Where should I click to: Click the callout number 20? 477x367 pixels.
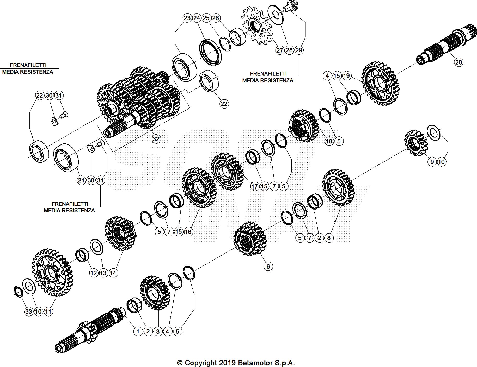coord(458,62)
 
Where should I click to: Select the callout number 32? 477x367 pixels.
coord(156,139)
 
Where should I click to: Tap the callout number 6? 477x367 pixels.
coord(268,266)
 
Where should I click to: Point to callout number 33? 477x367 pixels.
coord(29,311)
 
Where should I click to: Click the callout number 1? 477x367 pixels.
coord(138,331)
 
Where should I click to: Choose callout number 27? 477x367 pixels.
coord(280,50)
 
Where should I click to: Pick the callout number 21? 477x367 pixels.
coord(81,180)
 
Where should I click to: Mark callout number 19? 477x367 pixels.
coord(346,76)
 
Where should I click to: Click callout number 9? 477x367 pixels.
coord(432,162)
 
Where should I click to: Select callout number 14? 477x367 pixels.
coord(113,273)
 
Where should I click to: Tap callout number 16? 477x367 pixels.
coord(188,231)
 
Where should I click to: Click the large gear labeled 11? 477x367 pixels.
coord(52,272)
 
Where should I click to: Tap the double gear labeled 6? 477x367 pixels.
coord(249,238)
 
